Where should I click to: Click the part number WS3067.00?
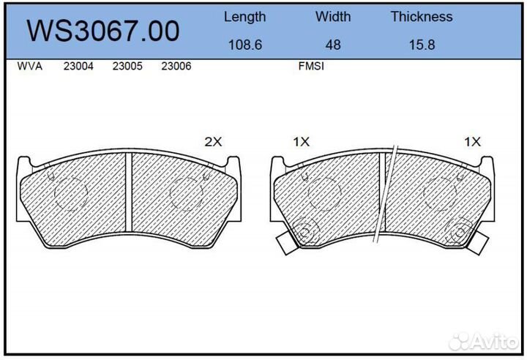(x=103, y=31)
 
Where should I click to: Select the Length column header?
(x=244, y=17)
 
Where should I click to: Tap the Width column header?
(x=333, y=17)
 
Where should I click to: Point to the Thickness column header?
(x=421, y=17)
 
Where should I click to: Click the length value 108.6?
(x=244, y=45)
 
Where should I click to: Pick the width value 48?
(x=333, y=45)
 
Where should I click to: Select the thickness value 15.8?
(x=421, y=45)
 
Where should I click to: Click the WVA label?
(x=29, y=67)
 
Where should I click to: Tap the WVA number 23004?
(x=78, y=67)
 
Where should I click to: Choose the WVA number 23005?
(x=127, y=67)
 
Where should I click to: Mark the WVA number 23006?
(x=176, y=67)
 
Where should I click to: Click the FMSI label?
(x=311, y=67)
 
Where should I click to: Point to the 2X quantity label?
(x=212, y=143)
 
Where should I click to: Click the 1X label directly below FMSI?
(x=302, y=143)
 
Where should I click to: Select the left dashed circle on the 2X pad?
(x=71, y=193)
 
